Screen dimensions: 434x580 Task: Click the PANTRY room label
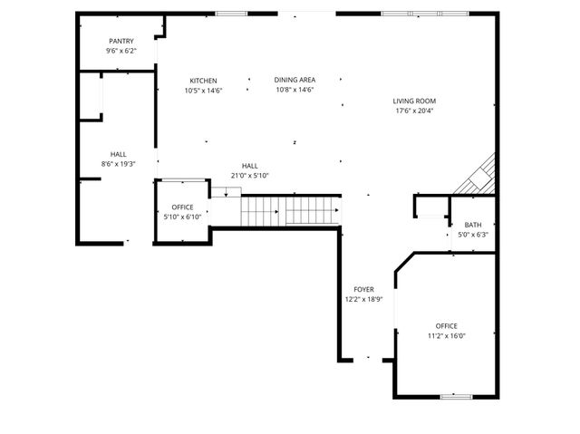coord(121,42)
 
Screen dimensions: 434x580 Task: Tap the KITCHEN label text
coord(203,81)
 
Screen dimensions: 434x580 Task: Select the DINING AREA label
coord(295,80)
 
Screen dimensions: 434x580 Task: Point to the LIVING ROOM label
coord(414,101)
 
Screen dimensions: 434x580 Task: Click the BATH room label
coord(473,225)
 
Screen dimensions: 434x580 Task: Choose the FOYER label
coord(363,289)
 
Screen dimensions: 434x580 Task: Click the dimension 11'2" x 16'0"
coord(446,336)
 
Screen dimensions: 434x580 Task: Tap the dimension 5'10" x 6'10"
coord(182,217)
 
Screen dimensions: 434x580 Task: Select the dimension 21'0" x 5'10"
coord(250,176)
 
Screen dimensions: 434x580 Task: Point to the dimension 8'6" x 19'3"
coord(119,164)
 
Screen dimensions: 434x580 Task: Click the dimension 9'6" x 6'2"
coord(121,52)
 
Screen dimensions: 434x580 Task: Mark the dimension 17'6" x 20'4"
coord(414,111)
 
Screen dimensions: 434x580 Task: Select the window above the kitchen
coord(232,13)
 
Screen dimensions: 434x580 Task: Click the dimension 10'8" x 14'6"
coord(295,90)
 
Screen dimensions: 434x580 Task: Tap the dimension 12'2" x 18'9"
coord(363,299)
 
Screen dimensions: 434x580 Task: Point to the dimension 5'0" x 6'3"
coord(473,235)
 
